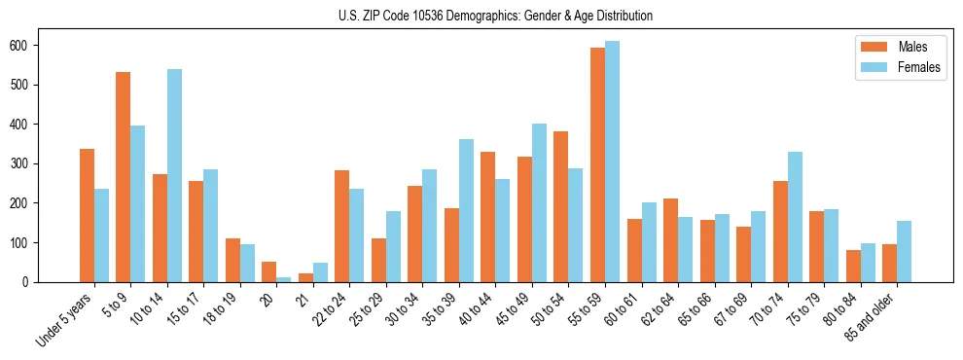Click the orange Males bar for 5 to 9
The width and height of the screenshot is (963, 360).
(124, 177)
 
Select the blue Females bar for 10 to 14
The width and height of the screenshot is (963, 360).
(174, 175)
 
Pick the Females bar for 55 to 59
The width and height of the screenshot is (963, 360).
(612, 162)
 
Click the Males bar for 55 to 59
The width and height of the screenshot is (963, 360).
(597, 165)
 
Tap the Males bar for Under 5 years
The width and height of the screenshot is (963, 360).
(87, 215)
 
